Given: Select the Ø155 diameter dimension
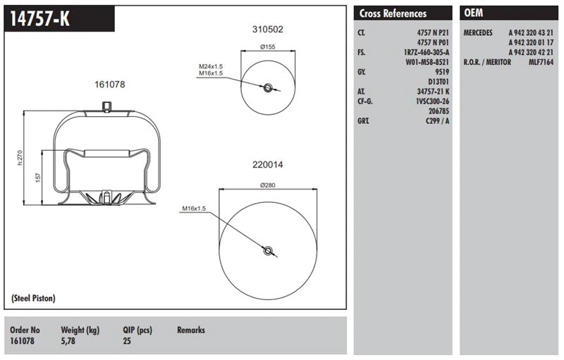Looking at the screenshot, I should point(267,47).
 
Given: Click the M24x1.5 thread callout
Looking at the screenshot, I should point(210,66).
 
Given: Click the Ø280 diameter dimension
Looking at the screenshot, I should point(266,185).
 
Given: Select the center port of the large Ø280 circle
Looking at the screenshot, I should point(268,250).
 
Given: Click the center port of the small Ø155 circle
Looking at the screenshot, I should point(268,87).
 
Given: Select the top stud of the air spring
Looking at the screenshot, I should point(106,106).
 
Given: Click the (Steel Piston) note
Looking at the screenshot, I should point(33,299).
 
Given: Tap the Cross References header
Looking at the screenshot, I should point(393,13).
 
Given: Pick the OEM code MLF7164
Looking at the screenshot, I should point(541,62).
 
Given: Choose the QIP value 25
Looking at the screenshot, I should point(127,341).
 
